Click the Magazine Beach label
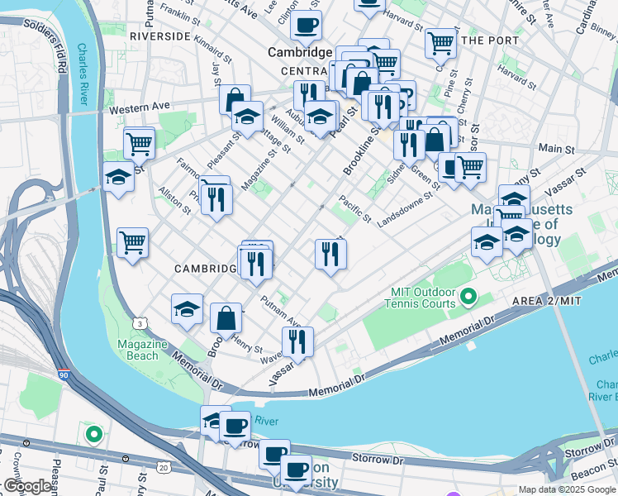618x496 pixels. (x=137, y=350)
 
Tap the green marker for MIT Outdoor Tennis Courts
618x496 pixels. (x=468, y=296)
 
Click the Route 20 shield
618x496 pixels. (x=163, y=468)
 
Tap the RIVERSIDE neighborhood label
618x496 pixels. (x=159, y=37)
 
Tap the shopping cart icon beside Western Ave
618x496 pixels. (x=139, y=144)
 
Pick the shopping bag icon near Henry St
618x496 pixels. (x=226, y=317)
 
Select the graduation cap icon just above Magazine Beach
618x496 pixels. (x=188, y=309)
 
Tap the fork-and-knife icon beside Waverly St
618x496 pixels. (x=297, y=341)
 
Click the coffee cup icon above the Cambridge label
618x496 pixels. (x=307, y=26)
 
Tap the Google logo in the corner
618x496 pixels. (x=27, y=487)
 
